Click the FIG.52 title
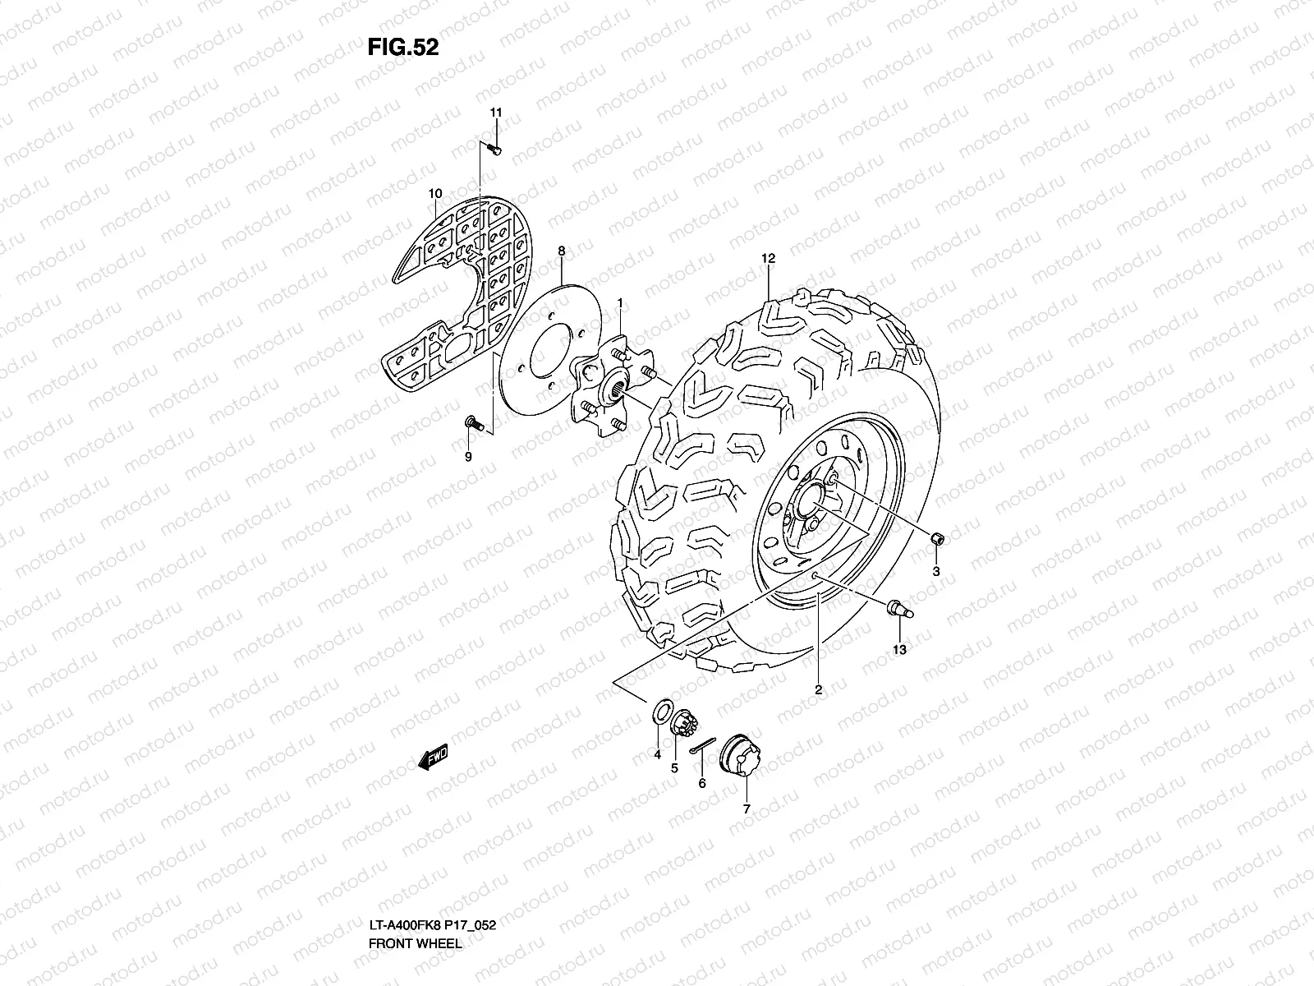point(402,48)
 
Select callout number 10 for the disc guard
point(435,194)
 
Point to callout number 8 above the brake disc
point(562,251)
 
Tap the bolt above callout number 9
point(471,422)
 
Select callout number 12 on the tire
point(768,259)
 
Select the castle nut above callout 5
point(683,726)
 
